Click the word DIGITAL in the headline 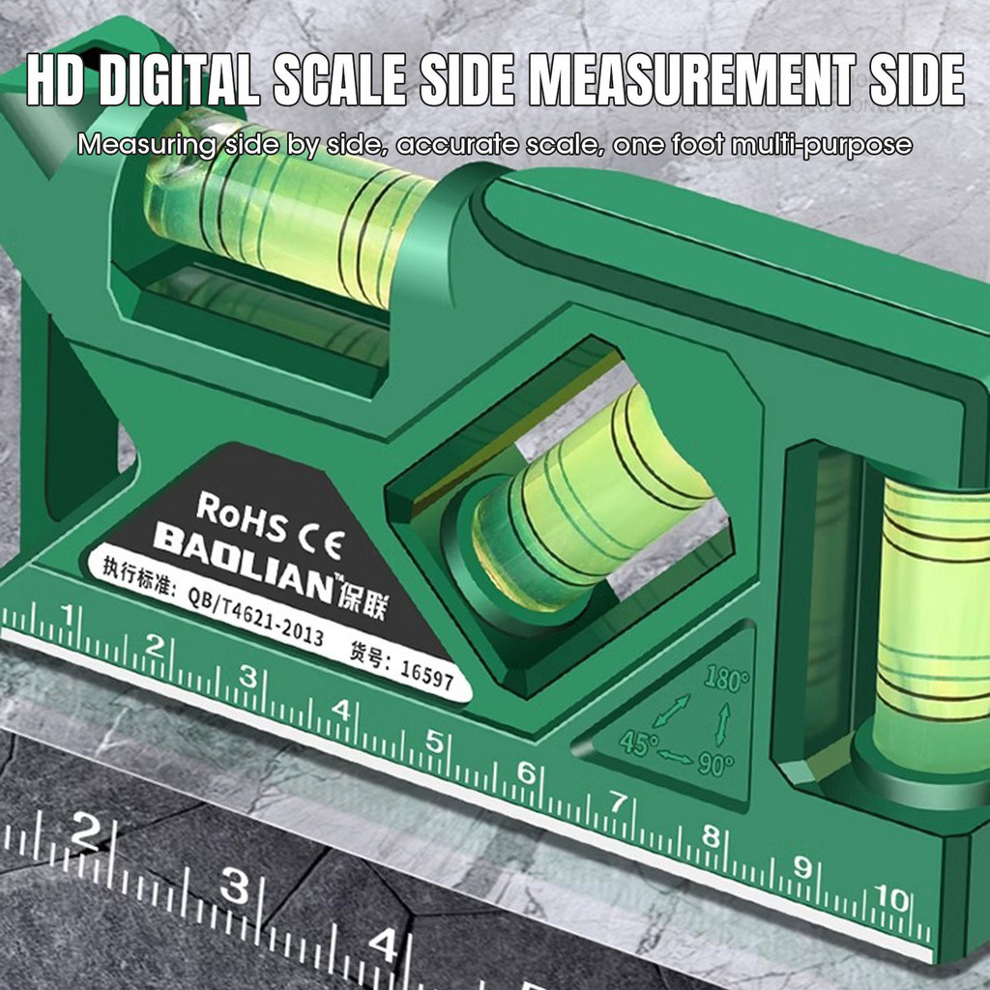click(179, 79)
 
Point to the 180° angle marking click(727, 680)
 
